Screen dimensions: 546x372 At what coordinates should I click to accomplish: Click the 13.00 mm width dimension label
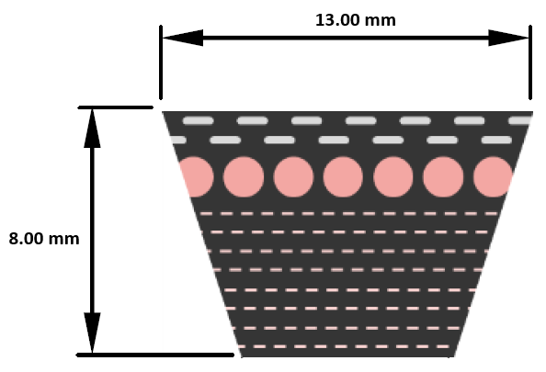(356, 20)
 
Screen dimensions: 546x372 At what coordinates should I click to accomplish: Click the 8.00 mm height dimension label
(44, 239)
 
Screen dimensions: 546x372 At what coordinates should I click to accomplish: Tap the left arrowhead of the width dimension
(183, 38)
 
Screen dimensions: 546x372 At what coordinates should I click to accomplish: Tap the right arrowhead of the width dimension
(508, 38)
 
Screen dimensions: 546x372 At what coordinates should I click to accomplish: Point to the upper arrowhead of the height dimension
(92, 128)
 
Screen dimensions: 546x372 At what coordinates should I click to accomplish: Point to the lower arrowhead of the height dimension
(92, 333)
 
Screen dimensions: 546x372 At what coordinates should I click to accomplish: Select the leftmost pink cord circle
(197, 176)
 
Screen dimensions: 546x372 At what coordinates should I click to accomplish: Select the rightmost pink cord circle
(493, 176)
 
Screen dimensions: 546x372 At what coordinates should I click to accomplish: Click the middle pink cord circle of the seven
(343, 176)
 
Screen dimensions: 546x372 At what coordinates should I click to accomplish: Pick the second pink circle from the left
(244, 176)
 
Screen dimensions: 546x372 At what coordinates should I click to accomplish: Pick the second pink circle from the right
(443, 176)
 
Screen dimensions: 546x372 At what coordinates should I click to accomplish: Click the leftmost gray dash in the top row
(199, 120)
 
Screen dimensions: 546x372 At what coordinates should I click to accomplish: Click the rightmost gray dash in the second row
(496, 140)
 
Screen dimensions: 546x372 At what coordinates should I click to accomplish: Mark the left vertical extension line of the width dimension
(161, 62)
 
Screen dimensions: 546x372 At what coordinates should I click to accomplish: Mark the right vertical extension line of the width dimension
(530, 62)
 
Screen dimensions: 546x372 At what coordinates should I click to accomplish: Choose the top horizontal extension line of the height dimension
(115, 107)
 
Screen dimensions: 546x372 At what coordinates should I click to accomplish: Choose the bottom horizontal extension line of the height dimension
(155, 355)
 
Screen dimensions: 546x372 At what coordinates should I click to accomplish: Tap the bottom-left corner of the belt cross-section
(242, 356)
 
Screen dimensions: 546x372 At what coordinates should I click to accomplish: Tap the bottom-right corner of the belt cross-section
(454, 356)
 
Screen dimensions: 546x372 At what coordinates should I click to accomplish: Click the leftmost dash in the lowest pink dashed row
(243, 346)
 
